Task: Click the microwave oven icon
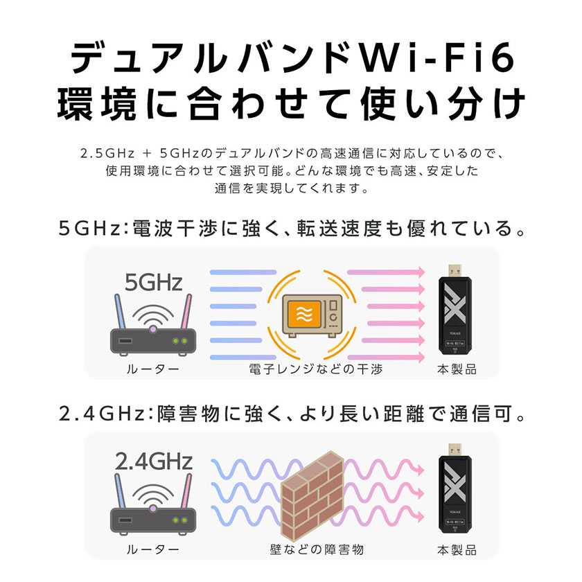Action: click(312, 315)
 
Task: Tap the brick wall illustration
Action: click(312, 495)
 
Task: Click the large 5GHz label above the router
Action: click(153, 283)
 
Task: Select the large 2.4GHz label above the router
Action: click(153, 461)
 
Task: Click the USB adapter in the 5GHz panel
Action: click(455, 310)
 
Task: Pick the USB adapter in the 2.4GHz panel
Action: click(455, 489)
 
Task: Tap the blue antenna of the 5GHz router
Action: click(120, 311)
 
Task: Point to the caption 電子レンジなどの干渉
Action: click(315, 369)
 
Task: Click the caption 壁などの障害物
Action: click(317, 549)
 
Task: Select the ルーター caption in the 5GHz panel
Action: click(153, 369)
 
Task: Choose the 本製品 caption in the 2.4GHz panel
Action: click(457, 549)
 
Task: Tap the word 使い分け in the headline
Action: click(443, 103)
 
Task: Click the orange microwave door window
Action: click(304, 315)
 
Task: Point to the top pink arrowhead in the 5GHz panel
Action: click(421, 272)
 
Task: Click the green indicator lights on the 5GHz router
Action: click(179, 341)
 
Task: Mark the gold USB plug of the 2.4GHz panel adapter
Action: click(455, 450)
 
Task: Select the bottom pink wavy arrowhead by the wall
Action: click(420, 516)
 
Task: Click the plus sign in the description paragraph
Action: click(147, 153)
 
